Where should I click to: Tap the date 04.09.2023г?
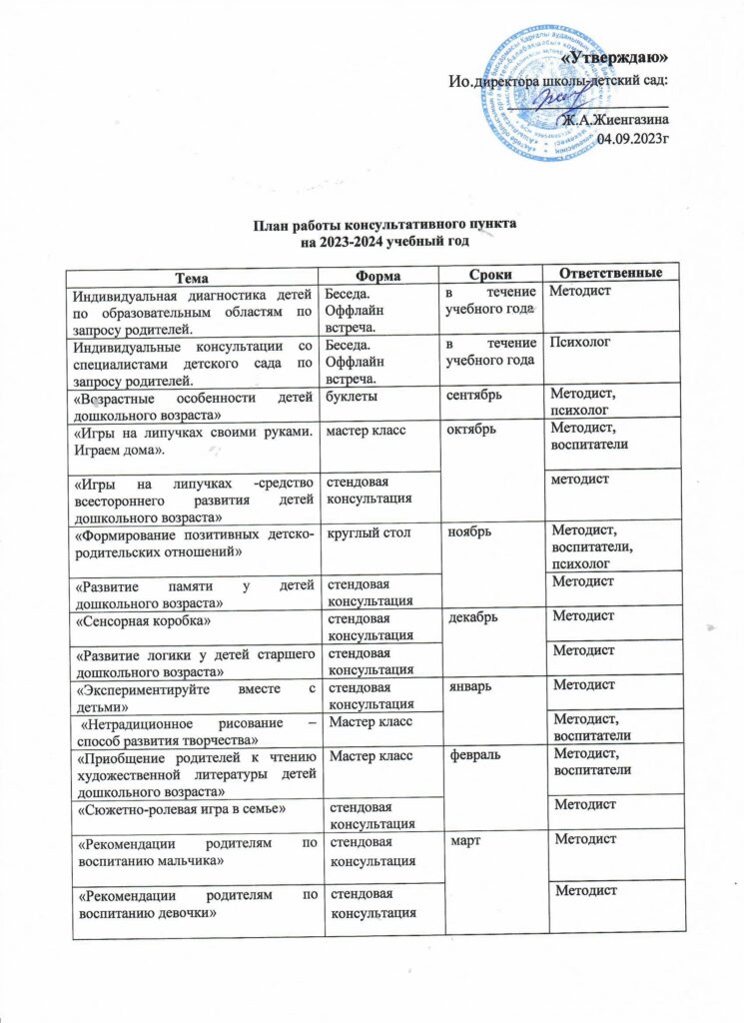(632, 138)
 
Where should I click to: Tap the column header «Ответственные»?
(609, 273)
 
